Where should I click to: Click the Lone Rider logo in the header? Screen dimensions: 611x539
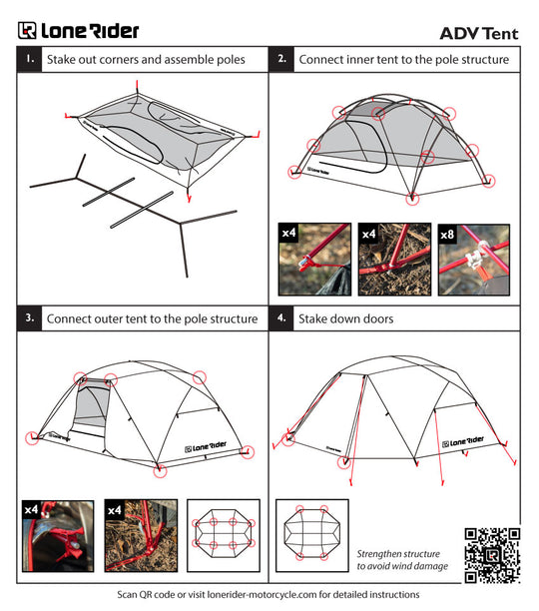79,31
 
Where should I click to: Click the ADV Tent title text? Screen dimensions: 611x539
479,32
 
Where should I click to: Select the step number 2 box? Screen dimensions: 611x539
282,60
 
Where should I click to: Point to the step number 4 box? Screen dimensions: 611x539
282,318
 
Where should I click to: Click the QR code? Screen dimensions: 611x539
492,553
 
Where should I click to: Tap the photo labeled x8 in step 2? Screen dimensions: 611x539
473,259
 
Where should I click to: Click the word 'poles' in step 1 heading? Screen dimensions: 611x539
228,60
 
